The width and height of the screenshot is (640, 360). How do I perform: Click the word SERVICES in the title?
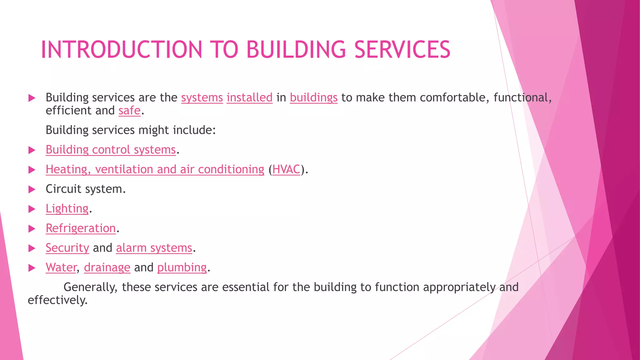pos(402,50)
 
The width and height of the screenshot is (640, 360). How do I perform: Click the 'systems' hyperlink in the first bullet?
pos(202,97)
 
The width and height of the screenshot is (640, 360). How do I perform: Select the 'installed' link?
pos(249,97)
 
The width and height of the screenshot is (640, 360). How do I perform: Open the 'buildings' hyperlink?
pos(313,97)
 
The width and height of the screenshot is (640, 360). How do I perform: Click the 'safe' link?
pos(129,111)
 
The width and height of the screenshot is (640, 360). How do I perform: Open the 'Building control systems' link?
pos(111,150)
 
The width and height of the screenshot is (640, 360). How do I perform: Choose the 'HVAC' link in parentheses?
pos(286,169)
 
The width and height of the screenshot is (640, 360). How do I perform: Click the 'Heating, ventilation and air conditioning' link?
pos(155,169)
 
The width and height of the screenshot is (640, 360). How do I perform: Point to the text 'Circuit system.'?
pos(86,189)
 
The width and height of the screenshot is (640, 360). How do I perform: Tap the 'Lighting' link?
pos(67,209)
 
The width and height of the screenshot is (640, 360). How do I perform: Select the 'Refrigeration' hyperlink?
pos(81,228)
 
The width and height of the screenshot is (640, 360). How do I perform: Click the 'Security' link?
pos(67,248)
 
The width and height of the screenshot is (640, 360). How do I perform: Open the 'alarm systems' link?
pos(154,248)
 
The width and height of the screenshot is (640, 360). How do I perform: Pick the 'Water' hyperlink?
pos(61,267)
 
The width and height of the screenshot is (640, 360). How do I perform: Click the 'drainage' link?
pos(107,268)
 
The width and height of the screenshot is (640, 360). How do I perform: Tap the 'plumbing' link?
pos(182,268)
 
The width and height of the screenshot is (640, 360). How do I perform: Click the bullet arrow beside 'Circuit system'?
pos(32,189)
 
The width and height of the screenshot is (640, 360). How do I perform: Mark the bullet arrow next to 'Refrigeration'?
pos(32,229)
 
